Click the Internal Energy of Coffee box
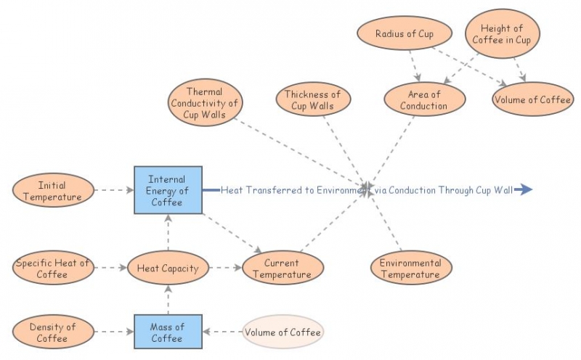point(168,190)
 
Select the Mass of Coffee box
point(167,332)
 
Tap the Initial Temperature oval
point(52,192)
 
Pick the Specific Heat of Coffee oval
point(52,269)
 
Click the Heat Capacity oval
point(167,269)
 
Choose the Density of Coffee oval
point(52,332)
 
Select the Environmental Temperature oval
point(410,269)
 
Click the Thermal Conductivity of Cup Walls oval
point(204,103)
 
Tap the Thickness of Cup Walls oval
point(312,99)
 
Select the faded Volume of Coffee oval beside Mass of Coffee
point(283,332)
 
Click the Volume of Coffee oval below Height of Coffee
point(532,99)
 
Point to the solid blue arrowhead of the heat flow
point(526,190)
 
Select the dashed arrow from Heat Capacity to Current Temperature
point(223,268)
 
